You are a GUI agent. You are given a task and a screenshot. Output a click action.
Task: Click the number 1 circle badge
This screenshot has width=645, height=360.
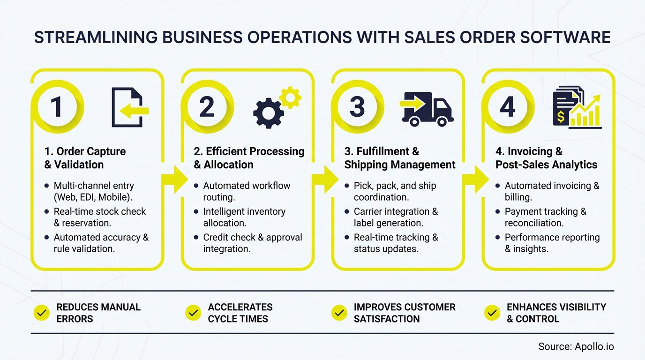tap(56, 106)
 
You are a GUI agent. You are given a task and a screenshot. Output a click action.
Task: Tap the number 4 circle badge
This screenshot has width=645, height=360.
tap(508, 106)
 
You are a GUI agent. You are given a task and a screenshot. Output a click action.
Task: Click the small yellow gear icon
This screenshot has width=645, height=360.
tap(290, 97)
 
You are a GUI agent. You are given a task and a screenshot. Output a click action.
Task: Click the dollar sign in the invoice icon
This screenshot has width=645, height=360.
tap(560, 115)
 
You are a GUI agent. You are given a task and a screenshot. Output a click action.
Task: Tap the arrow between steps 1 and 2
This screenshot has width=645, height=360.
tap(174, 179)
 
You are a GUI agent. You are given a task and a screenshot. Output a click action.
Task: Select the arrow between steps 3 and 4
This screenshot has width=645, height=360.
tap(475, 179)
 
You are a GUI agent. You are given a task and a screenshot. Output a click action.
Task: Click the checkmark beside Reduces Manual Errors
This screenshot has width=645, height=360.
tap(42, 313)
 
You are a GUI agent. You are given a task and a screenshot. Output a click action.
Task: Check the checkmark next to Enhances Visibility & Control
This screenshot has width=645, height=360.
tap(492, 313)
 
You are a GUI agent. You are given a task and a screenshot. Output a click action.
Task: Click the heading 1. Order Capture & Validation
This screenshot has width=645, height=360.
tap(85, 158)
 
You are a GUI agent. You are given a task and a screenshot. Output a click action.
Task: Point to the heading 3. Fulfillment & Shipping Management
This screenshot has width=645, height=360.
tap(400, 158)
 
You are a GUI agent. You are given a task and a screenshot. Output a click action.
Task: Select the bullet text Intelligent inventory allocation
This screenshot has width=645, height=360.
tap(244, 217)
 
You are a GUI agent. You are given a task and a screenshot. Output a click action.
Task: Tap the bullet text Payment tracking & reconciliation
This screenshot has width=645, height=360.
tap(545, 217)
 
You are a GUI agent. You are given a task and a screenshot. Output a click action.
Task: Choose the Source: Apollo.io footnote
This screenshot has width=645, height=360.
tap(576, 347)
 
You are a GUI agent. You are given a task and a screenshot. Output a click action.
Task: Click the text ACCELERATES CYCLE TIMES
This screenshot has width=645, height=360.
tap(240, 313)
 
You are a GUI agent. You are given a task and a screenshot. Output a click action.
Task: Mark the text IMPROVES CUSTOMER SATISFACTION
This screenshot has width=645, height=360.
tap(405, 313)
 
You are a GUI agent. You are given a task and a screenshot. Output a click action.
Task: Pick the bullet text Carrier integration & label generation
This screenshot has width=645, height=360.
tap(396, 217)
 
